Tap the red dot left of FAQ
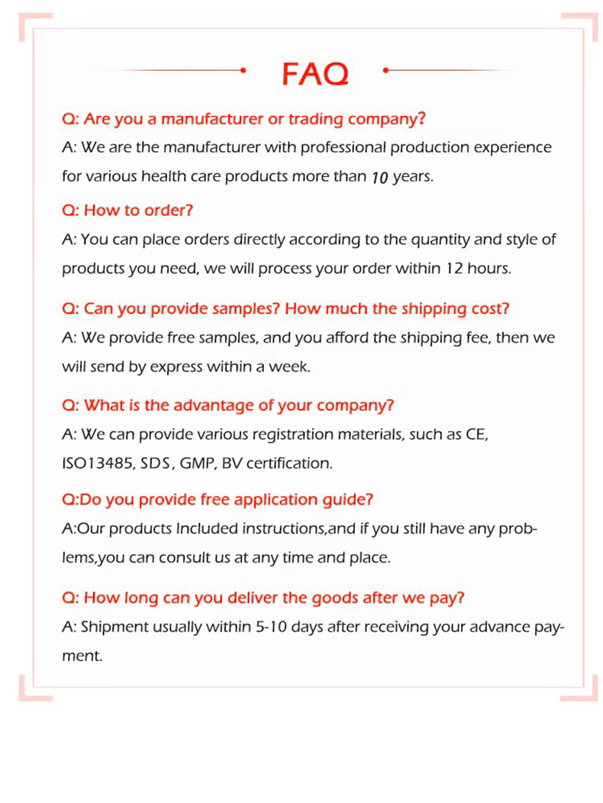point(242,70)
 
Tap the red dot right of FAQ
point(385,70)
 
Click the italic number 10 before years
point(380,177)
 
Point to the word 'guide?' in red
point(348,500)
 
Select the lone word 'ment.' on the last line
point(82,656)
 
